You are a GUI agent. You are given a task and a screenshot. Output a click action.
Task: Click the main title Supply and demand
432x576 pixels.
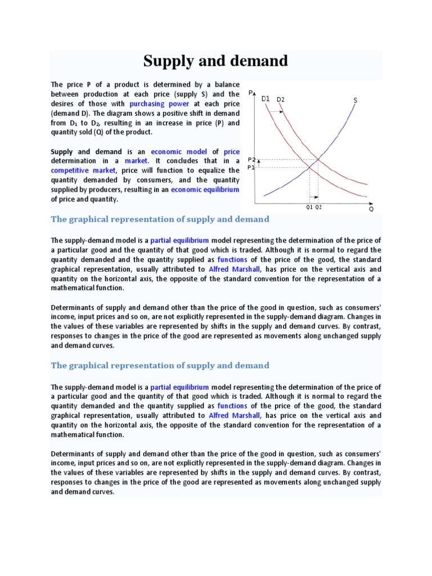[215, 61]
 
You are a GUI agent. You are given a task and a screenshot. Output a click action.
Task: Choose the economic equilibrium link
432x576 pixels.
[205, 190]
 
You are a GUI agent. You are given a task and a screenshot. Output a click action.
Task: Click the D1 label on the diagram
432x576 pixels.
[265, 98]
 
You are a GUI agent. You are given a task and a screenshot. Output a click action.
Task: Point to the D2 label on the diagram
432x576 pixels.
[280, 100]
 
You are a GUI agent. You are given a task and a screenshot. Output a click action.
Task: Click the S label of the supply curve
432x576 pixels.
[355, 100]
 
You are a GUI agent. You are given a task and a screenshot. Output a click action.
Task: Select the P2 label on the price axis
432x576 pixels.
[251, 160]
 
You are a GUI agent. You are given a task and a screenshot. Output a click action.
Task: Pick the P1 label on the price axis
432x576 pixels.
[251, 167]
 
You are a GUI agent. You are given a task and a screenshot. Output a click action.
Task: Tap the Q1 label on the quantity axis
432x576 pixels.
[309, 207]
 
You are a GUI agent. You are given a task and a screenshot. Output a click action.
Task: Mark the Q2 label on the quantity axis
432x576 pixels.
[319, 207]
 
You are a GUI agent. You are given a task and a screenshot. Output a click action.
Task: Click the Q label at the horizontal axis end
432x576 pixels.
[371, 209]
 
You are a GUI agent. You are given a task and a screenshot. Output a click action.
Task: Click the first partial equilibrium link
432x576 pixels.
[179, 240]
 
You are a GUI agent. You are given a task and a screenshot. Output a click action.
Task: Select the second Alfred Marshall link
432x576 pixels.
[234, 416]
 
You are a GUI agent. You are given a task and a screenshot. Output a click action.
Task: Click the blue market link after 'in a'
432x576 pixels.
[136, 161]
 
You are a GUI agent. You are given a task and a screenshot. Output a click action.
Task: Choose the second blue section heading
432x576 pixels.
[160, 366]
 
